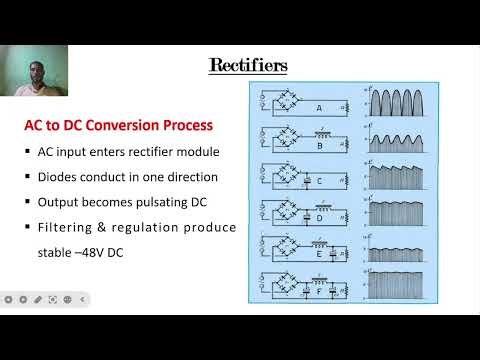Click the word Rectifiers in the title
pos(248,66)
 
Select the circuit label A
pos(318,108)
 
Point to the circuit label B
pos(318,143)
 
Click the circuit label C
pos(318,181)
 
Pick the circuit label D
pos(318,217)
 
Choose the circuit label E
pos(318,253)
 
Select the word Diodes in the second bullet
pos(59,177)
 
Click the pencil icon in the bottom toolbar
pos(37,299)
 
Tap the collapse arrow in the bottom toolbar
pos(83,299)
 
